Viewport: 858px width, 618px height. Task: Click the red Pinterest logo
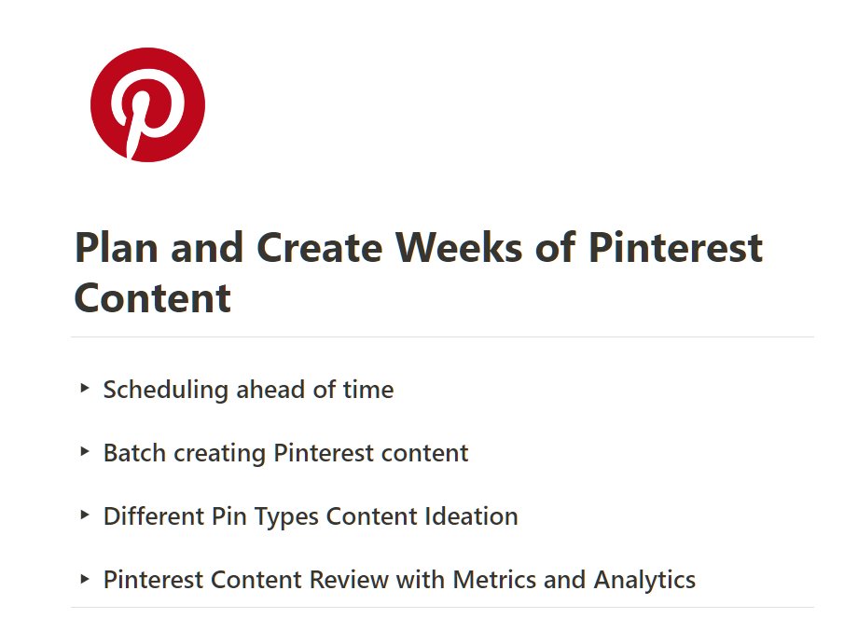[147, 105]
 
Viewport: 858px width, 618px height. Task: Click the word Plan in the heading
[112, 248]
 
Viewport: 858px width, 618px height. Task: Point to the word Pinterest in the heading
[675, 248]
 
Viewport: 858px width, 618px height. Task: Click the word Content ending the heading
[152, 298]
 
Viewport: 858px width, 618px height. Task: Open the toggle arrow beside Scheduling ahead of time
[85, 388]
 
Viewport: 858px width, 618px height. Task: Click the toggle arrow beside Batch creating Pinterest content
[85, 452]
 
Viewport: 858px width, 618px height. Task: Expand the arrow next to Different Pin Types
[85, 515]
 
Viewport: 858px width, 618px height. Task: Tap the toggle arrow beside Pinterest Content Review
[85, 579]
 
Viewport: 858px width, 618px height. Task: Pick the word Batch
[131, 453]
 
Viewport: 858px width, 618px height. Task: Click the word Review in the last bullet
[349, 580]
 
